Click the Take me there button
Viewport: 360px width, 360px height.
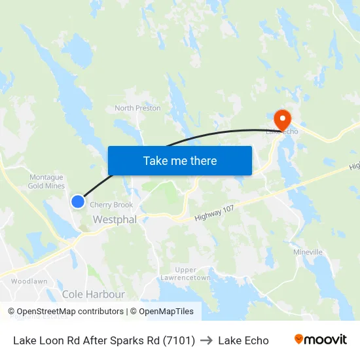click(180, 160)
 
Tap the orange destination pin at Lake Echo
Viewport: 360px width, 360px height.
click(282, 119)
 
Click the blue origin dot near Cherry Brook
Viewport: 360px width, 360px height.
click(78, 201)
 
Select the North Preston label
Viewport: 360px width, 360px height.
click(137, 108)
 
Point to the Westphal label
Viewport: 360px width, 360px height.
click(115, 220)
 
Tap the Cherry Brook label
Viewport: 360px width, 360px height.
click(111, 205)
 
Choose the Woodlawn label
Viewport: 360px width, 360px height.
click(29, 281)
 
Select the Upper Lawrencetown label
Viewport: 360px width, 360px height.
click(185, 274)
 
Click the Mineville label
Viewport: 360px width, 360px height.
click(308, 252)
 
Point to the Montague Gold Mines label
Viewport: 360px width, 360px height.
click(46, 181)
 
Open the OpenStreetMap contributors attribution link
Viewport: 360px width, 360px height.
click(70, 312)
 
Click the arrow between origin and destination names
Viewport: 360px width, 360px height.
click(206, 340)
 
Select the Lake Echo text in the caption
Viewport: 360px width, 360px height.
click(243, 340)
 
